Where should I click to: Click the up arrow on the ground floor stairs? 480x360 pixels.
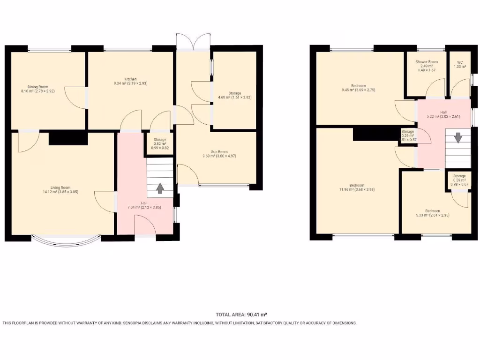160,188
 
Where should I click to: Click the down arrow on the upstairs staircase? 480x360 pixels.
457,139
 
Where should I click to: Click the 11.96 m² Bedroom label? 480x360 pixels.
357,187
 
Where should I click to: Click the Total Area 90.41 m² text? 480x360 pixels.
241,315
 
